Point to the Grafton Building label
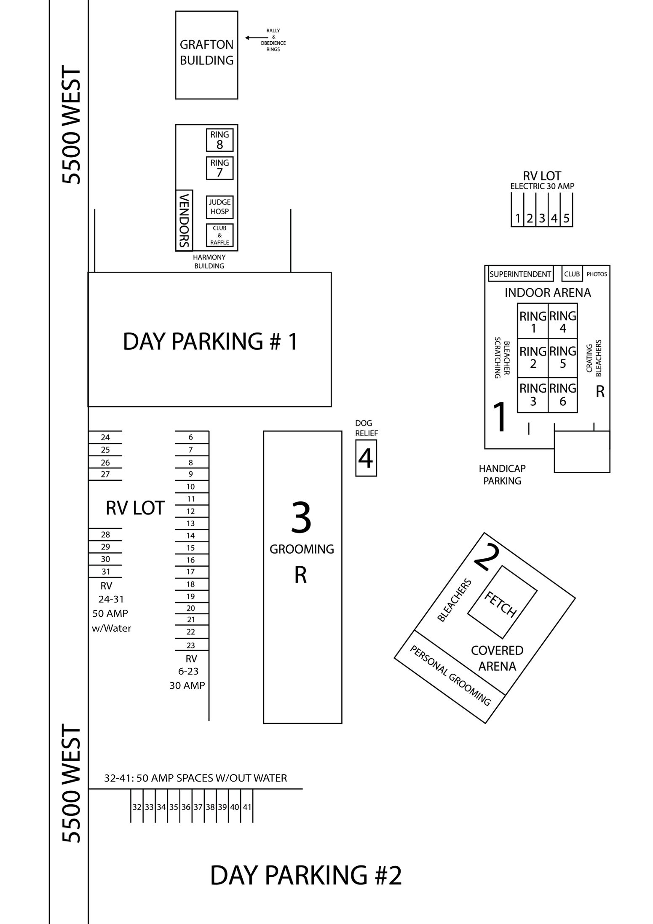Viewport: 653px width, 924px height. click(206, 52)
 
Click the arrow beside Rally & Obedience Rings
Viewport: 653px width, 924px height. click(253, 38)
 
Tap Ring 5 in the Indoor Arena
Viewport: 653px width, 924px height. click(563, 358)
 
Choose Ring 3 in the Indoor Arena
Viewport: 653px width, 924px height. click(533, 395)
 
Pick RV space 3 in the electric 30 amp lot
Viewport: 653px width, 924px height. click(542, 218)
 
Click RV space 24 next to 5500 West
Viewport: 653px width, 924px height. click(105, 437)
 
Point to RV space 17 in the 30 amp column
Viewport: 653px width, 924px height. click(191, 572)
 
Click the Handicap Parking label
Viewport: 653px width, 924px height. click(502, 474)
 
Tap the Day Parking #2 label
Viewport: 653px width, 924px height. click(306, 876)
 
